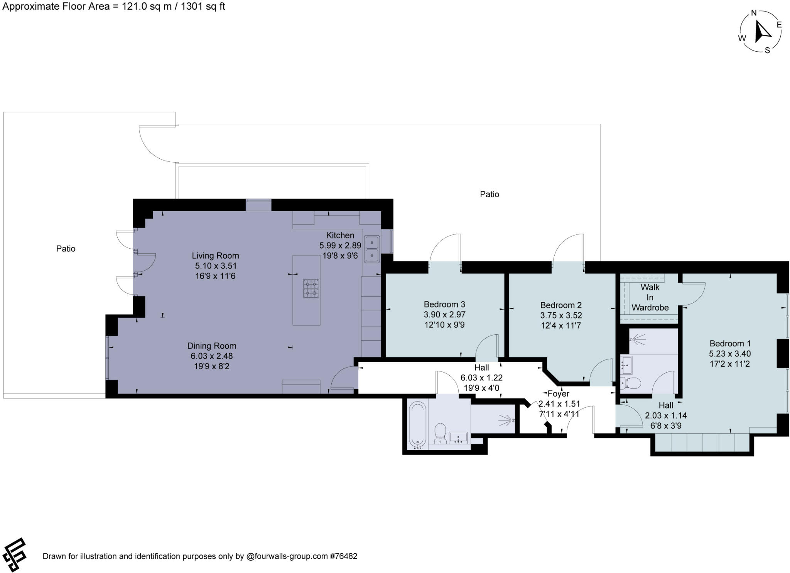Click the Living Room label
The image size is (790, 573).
(x=215, y=256)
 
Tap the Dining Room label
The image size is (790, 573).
(x=211, y=346)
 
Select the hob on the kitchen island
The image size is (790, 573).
(x=311, y=289)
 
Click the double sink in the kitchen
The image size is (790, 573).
(x=372, y=249)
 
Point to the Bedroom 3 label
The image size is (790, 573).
(x=444, y=304)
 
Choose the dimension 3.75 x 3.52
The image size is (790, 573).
(x=561, y=315)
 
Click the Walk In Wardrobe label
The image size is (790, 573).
(x=650, y=297)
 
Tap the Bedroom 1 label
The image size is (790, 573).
(x=730, y=343)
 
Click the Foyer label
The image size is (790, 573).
(x=558, y=393)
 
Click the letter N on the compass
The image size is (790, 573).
(x=754, y=13)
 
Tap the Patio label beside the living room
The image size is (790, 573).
(x=66, y=249)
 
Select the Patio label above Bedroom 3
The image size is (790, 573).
(x=489, y=194)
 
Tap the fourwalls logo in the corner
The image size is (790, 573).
(x=14, y=555)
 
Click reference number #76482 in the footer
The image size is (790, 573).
(x=343, y=556)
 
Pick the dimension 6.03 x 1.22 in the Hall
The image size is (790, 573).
(x=481, y=378)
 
